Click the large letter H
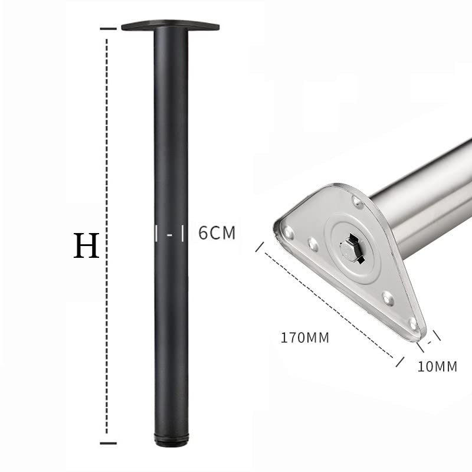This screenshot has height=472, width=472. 86,245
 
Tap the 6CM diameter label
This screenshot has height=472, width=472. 217,232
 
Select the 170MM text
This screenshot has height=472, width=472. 304,337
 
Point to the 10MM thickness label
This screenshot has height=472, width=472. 437,366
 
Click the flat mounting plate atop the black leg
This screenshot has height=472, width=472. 171,26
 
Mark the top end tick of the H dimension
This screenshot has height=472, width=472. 108,29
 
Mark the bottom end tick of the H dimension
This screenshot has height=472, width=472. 108,443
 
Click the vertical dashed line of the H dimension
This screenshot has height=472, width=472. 107,236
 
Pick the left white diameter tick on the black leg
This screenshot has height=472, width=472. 156,233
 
